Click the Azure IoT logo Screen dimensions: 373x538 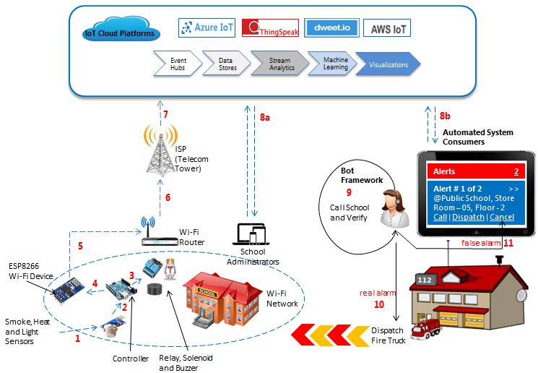[x=207, y=27]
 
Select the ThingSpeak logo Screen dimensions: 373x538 [x=269, y=29]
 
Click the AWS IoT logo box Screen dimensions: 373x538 [x=386, y=28]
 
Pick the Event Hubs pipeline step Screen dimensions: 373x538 [x=177, y=64]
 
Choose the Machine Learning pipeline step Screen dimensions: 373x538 [x=335, y=64]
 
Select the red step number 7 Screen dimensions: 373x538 [x=165, y=115]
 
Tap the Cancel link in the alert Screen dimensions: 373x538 [x=502, y=217]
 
